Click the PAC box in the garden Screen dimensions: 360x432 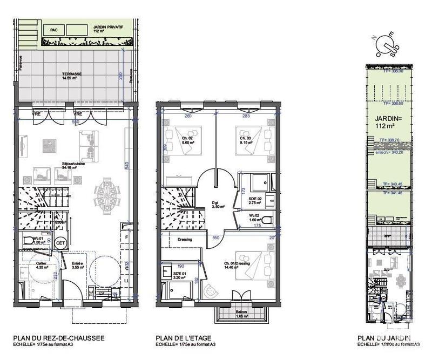53,30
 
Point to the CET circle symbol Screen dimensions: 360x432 61,243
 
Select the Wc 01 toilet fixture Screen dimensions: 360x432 29,241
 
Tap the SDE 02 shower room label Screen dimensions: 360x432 255,201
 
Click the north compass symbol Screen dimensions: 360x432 387,42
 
